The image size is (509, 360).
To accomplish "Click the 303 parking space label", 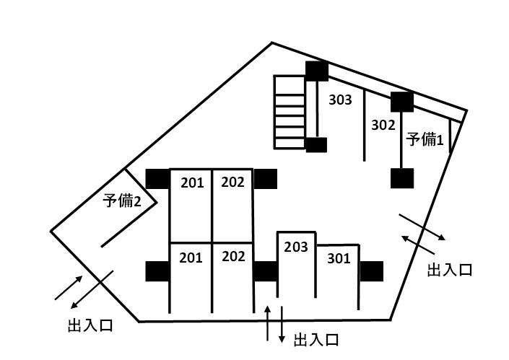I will coord(340,100).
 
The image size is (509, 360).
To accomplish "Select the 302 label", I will coord(383,124).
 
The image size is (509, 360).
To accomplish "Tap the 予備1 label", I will coord(424,139).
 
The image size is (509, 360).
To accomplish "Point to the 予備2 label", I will coord(121,201).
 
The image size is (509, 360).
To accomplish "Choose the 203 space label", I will coord(296,247).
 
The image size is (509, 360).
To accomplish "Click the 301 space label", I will coord(339,258).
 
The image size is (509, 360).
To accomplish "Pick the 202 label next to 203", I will coord(233,256).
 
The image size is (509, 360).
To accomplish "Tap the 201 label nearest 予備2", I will coord(192,183).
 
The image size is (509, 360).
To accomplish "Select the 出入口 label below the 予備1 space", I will coord(450,271).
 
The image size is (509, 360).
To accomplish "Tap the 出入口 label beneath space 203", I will coord(316,340).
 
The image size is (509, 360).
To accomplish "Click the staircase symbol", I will coord(290,111).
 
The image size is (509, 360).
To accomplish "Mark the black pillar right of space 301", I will coord(371,271).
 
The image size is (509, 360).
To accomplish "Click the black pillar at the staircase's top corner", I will coord(316,71).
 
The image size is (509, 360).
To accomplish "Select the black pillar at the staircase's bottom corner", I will coord(316,145).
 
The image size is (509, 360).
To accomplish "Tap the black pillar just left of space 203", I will coord(265,271).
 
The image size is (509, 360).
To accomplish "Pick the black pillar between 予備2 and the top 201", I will coord(157,178).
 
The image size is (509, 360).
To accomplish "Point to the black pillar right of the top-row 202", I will coord(265,178).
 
